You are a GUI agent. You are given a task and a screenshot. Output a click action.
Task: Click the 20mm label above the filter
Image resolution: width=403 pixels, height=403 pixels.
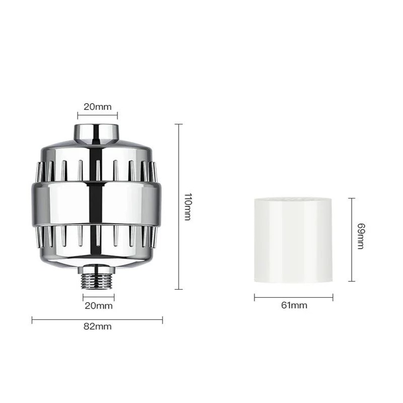(x=97, y=107)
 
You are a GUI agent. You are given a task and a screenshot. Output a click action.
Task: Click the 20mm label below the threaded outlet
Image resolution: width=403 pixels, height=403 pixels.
(x=98, y=305)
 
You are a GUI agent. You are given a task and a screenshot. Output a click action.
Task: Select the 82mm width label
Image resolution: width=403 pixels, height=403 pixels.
(x=98, y=326)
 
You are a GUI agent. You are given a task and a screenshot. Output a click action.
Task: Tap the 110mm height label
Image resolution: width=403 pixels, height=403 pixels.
(x=187, y=207)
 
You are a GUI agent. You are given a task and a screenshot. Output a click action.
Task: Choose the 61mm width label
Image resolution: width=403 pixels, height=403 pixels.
(x=294, y=305)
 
